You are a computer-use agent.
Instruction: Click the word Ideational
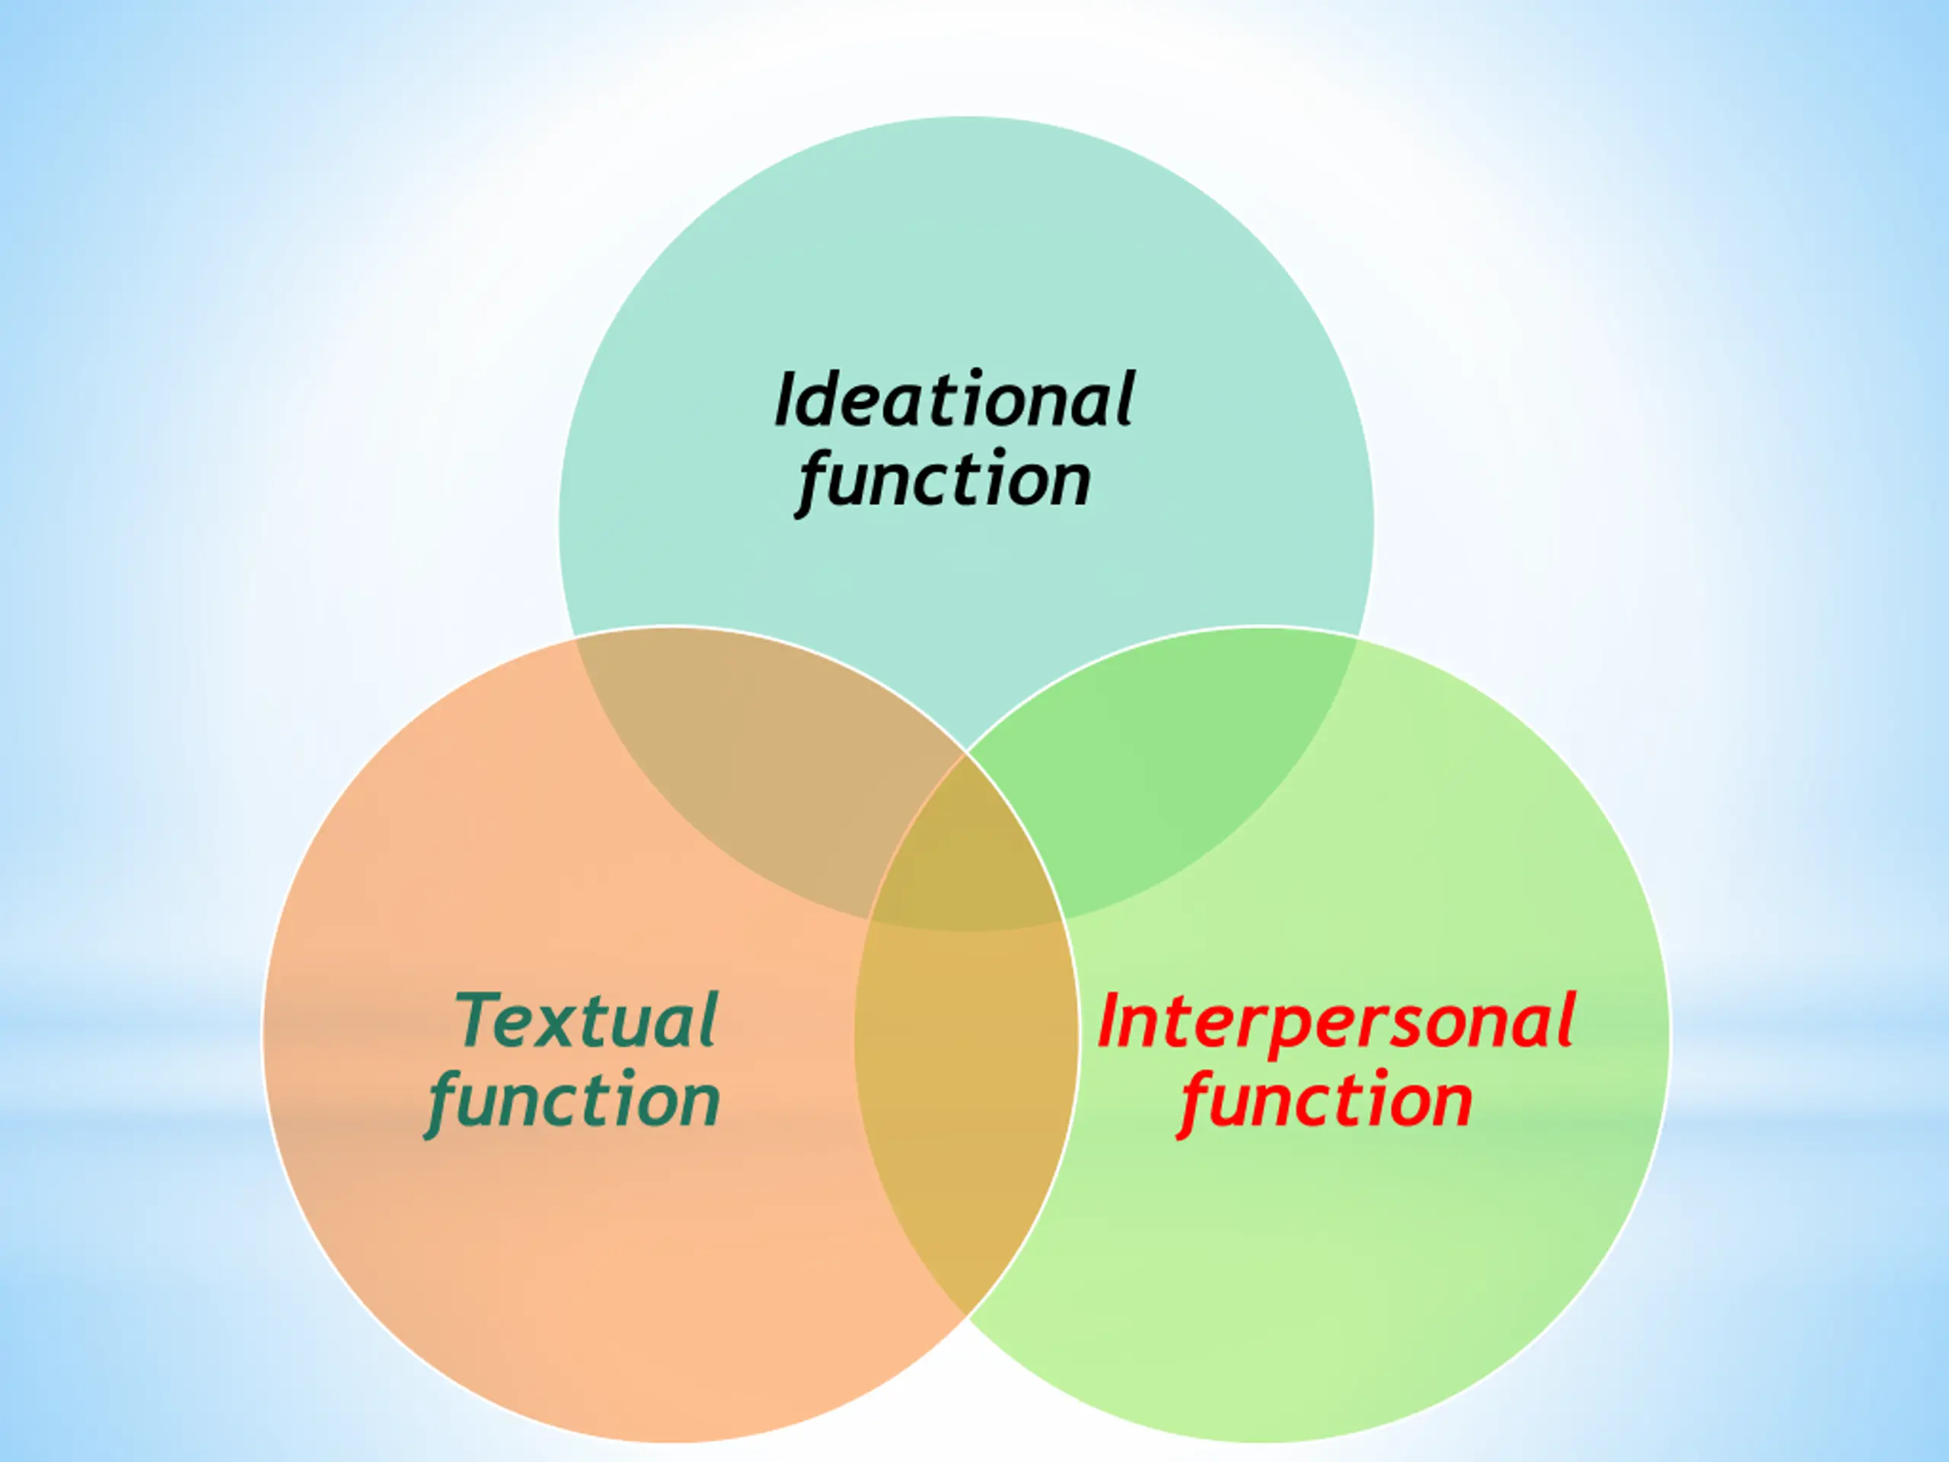coord(954,401)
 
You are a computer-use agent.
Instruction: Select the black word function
coord(945,480)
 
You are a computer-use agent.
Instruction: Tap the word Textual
coord(586,1021)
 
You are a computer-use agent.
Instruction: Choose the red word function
coord(1326,1102)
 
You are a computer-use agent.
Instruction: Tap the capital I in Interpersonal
coord(1109,1021)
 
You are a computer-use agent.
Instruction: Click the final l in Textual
coord(710,1020)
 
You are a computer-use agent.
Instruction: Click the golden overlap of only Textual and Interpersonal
coord(967,1102)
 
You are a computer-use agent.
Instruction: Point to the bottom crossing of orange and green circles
coord(967,1317)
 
